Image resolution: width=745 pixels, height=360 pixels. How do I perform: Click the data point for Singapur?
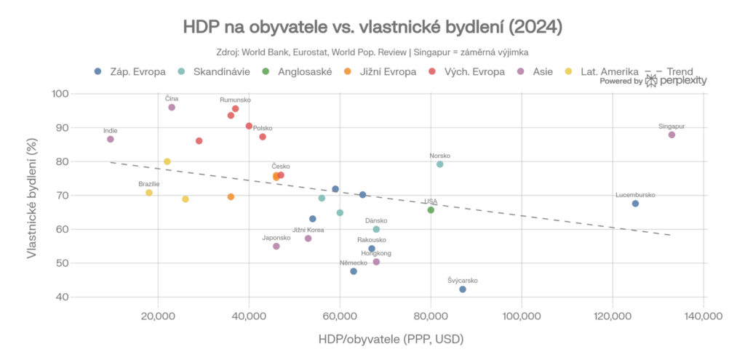click(672, 135)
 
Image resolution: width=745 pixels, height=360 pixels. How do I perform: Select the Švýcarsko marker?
click(463, 289)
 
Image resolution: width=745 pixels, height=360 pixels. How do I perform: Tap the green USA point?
click(431, 209)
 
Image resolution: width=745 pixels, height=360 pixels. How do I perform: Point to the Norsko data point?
click(439, 164)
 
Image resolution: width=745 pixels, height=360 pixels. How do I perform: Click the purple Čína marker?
click(172, 107)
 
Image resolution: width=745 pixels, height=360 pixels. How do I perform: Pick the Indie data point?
click(111, 139)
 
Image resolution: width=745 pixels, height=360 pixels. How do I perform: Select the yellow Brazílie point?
click(149, 193)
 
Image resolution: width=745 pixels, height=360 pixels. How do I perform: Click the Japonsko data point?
click(276, 247)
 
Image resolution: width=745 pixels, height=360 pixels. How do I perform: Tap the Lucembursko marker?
click(635, 204)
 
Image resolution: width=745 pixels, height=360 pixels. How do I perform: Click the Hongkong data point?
click(376, 262)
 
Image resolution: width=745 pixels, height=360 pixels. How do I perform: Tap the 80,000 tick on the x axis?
click(431, 316)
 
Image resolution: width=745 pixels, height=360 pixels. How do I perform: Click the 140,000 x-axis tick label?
click(704, 316)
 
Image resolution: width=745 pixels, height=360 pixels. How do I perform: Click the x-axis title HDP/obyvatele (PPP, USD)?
click(391, 340)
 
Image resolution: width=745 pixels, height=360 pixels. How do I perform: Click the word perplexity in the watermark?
click(683, 82)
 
